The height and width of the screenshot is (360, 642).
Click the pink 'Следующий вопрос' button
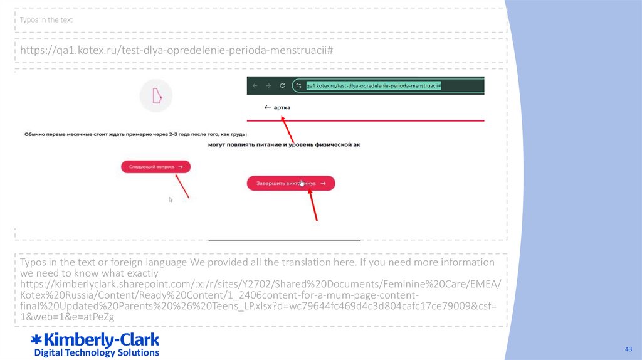point(155,167)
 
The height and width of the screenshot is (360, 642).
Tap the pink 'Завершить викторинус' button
point(290,183)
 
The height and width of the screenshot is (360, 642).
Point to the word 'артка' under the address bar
point(282,107)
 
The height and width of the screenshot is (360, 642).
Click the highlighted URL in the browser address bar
point(374,86)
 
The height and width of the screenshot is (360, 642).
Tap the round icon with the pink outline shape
point(155,96)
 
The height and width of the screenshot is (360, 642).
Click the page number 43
point(627,349)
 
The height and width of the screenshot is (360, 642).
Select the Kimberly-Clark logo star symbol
point(36,341)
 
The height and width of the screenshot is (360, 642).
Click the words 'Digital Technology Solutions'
point(97,352)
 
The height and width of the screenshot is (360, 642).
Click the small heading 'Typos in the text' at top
point(46,20)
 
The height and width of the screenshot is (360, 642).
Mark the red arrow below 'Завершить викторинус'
point(313,204)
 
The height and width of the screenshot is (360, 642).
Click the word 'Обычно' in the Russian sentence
point(36,134)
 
